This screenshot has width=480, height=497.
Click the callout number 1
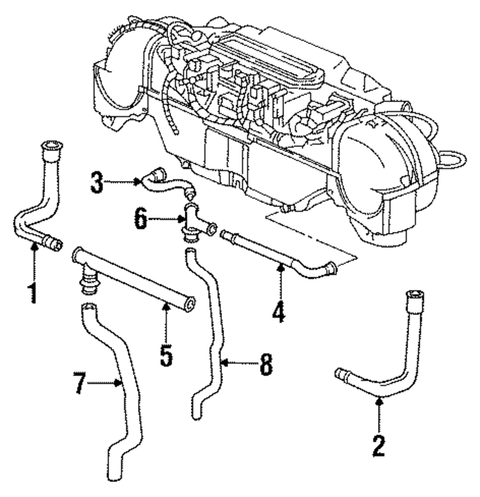pyautogui.click(x=31, y=292)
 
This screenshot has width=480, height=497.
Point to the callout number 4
pyautogui.click(x=278, y=310)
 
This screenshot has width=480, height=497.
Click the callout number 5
pyautogui.click(x=166, y=352)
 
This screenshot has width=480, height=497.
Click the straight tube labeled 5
pyautogui.click(x=135, y=281)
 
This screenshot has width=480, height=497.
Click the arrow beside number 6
pyautogui.click(x=165, y=221)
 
